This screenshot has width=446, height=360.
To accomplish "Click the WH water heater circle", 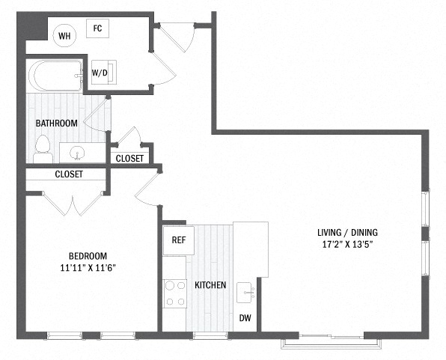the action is pyautogui.click(x=64, y=36).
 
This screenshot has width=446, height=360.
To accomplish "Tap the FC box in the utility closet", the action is pyautogui.click(x=97, y=28).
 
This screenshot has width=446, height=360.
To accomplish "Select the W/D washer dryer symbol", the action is pyautogui.click(x=104, y=73).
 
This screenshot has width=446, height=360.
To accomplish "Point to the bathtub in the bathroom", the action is pyautogui.click(x=55, y=76).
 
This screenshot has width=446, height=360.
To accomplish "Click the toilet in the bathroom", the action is pyautogui.click(x=43, y=149).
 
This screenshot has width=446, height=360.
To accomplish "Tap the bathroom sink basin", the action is pyautogui.click(x=77, y=153).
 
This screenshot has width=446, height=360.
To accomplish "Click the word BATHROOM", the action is pyautogui.click(x=57, y=123).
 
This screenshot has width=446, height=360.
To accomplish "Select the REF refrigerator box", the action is pyautogui.click(x=179, y=240).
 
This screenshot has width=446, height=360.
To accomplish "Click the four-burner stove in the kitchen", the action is pyautogui.click(x=175, y=293).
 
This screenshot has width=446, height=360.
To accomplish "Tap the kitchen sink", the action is pyautogui.click(x=245, y=293).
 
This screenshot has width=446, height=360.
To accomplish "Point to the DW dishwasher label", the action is pyautogui.click(x=245, y=318).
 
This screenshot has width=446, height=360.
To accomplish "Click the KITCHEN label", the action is pyautogui.click(x=210, y=285).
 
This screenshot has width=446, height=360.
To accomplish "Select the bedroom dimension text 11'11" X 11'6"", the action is pyautogui.click(x=88, y=268).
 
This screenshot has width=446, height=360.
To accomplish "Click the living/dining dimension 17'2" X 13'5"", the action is pyautogui.click(x=347, y=244).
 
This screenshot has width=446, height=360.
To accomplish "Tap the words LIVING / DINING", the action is pyautogui.click(x=347, y=233).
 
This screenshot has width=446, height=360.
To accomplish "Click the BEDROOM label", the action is pyautogui.click(x=88, y=256).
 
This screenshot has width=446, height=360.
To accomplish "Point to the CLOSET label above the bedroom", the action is pyautogui.click(x=69, y=174).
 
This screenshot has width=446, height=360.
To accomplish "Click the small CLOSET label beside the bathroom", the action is pyautogui.click(x=129, y=159).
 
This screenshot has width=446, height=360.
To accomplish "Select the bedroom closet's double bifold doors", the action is pyautogui.click(x=73, y=204).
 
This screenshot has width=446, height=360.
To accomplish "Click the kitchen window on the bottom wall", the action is pyautogui.click(x=210, y=335).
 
